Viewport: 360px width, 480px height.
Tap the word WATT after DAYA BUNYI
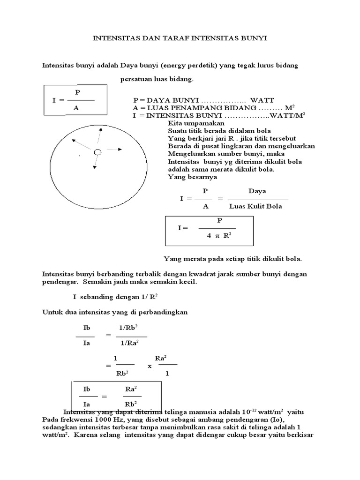(x=262, y=100)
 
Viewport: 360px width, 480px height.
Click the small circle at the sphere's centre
(x=97, y=152)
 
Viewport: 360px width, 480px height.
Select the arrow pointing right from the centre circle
(x=114, y=150)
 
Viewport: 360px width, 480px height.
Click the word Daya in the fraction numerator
(x=257, y=191)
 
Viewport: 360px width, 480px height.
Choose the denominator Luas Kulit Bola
(x=255, y=206)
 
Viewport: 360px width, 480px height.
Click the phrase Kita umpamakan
(x=189, y=123)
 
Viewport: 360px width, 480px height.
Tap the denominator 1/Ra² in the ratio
(x=131, y=343)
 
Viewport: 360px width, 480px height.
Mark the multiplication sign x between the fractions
(x=150, y=366)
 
